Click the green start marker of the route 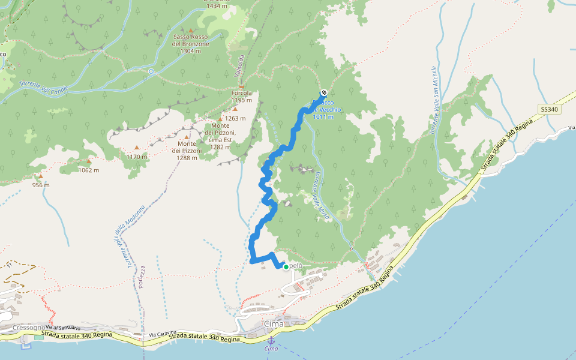coord(286,266)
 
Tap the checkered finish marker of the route coord(324,92)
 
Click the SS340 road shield coord(549,110)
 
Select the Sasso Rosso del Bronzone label coord(191,44)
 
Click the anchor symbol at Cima coord(271,340)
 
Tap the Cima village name coord(274,324)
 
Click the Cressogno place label coord(27,328)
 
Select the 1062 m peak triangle coord(89,161)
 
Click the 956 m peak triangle coord(40,177)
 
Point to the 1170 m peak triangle coord(137,148)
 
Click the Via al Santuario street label coord(63,327)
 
